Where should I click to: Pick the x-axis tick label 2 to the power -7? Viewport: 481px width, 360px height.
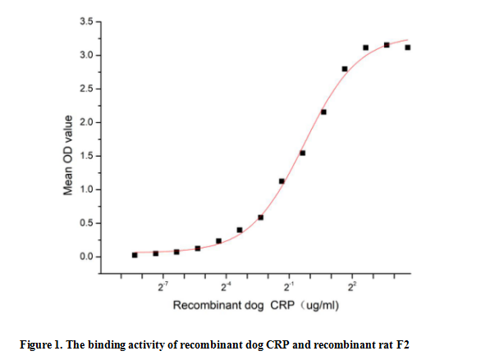pyautogui.click(x=163, y=287)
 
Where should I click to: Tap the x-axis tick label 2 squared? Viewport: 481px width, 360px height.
pyautogui.click(x=352, y=287)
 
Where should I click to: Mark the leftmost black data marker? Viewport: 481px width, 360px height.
pyautogui.click(x=135, y=255)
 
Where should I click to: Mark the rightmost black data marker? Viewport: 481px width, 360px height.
pyautogui.click(x=408, y=48)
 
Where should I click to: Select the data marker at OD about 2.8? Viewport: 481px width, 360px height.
pyautogui.click(x=345, y=69)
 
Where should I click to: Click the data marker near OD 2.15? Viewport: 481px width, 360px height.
pyautogui.click(x=323, y=112)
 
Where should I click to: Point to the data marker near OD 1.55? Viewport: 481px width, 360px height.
pyautogui.click(x=303, y=153)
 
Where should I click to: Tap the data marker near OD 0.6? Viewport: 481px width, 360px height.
pyautogui.click(x=261, y=217)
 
